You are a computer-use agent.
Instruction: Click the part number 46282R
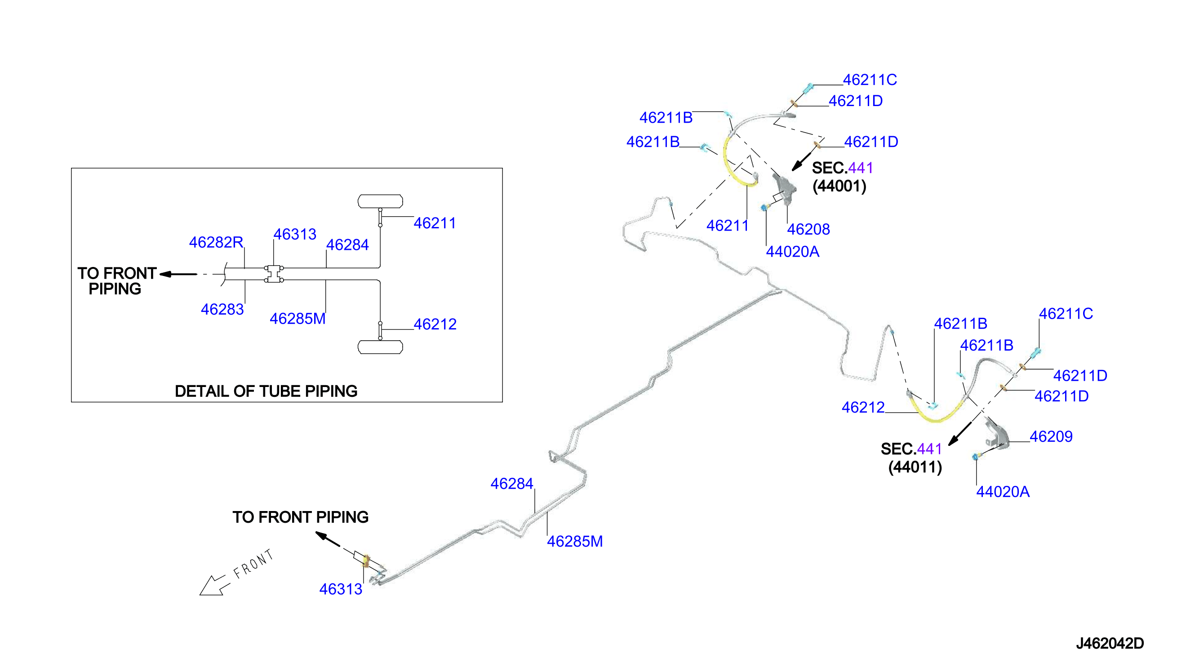pos(216,242)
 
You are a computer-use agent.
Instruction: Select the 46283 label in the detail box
pos(222,310)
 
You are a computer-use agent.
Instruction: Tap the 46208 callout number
pos(808,229)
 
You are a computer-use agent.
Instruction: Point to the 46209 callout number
pos(1051,436)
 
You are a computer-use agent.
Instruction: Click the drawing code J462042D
pos(1110,644)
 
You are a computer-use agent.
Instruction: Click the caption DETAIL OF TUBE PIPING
pos(266,391)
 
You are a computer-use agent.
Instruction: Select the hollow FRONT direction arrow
pos(213,585)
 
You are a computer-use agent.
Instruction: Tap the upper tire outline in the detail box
pos(380,201)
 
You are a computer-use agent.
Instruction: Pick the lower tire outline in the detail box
pos(380,347)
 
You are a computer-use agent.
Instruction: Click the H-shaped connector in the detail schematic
pos(274,274)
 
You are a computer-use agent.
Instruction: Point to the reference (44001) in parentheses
pos(839,187)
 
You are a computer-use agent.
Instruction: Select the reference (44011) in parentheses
pos(915,467)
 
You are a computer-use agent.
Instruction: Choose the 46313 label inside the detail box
pos(295,235)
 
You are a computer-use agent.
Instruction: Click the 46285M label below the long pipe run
pos(575,542)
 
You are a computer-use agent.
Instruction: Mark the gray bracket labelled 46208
pos(785,188)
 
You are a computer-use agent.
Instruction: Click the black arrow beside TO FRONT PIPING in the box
pos(178,275)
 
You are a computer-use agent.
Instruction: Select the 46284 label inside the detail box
pos(347,245)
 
